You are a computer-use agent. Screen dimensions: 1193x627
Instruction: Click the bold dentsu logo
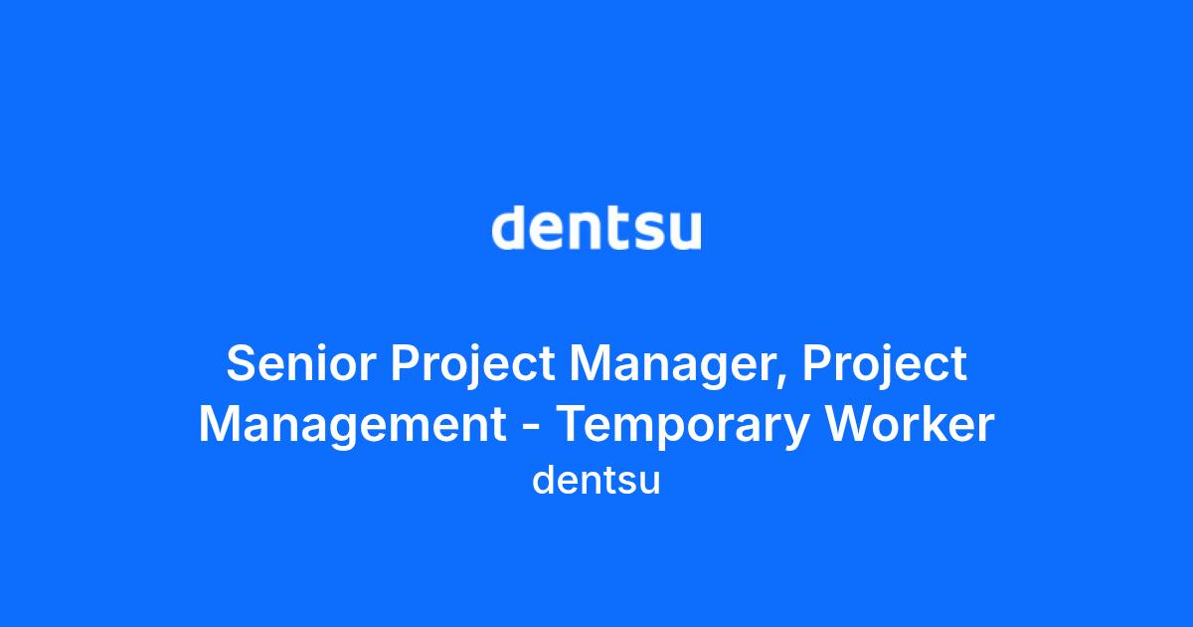[596, 228]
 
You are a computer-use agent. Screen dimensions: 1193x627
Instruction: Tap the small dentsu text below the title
[596, 480]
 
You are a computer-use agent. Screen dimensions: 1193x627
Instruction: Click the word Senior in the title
[301, 363]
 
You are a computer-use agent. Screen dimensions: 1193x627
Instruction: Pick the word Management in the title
[352, 424]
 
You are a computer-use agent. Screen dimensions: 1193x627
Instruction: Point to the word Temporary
[684, 428]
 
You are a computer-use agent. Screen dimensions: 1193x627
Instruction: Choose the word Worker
[910, 424]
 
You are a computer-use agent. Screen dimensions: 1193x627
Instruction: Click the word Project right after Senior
[473, 367]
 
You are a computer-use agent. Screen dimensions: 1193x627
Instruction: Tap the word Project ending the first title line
[885, 367]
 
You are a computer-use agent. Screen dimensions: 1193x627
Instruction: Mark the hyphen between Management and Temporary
[531, 427]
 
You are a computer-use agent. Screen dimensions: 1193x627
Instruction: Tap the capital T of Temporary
[573, 424]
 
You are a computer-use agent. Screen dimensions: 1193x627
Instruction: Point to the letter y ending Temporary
[797, 434]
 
